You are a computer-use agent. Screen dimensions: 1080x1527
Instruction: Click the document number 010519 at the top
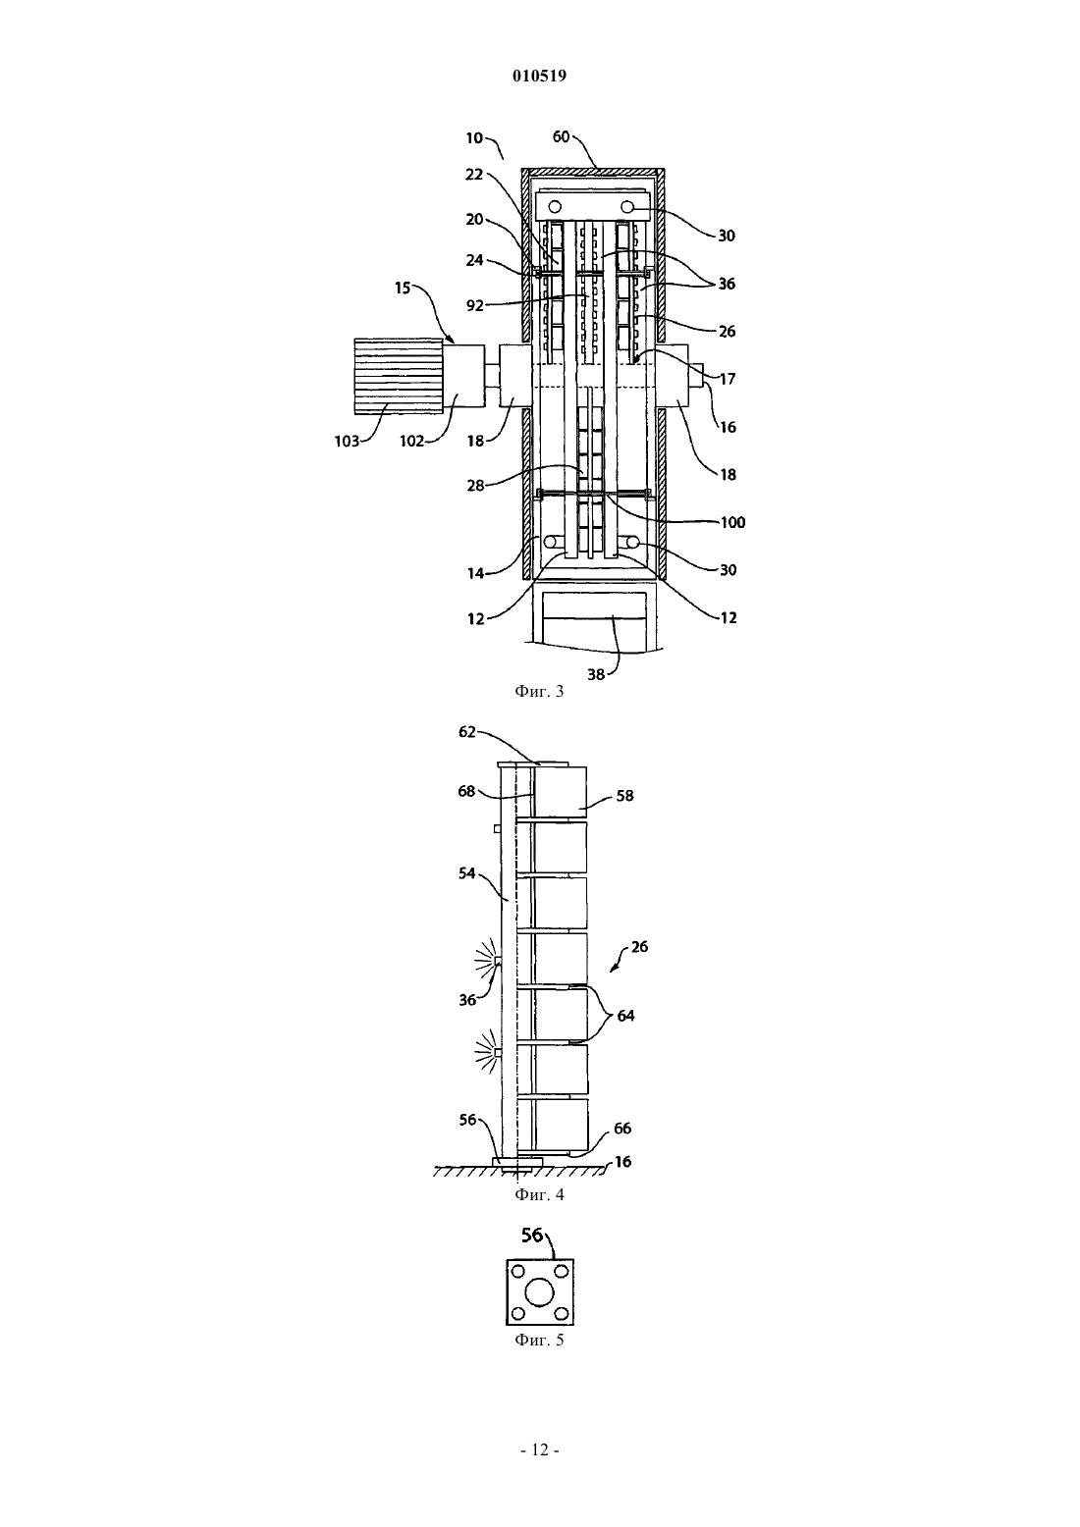click(539, 76)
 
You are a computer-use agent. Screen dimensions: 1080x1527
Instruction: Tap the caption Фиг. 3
click(539, 691)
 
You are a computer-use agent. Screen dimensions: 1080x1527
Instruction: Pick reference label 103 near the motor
click(347, 441)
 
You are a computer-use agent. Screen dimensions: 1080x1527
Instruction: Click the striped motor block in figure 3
click(399, 376)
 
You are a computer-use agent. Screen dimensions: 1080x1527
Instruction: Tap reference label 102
click(411, 441)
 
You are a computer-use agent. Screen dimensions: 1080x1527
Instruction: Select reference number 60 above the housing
click(561, 137)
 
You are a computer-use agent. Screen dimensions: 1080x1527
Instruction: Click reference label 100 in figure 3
click(733, 522)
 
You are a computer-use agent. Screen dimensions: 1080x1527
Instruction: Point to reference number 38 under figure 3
click(596, 674)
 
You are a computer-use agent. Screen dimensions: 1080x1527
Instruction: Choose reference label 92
click(475, 305)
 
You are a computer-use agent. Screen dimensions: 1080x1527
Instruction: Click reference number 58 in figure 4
click(624, 796)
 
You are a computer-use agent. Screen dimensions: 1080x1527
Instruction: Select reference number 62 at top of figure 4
click(467, 732)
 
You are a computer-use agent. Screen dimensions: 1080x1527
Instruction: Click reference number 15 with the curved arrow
click(403, 288)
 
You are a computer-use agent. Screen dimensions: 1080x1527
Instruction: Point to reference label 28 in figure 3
click(475, 486)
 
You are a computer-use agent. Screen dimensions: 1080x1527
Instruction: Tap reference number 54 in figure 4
click(467, 873)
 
